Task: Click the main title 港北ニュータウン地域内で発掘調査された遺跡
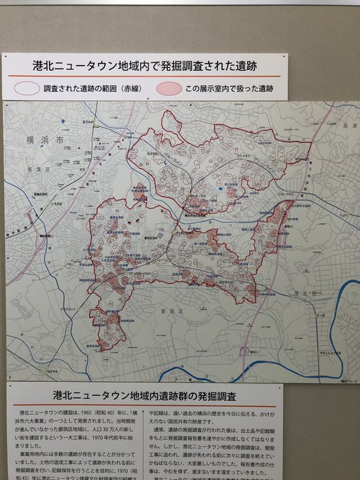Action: click(144, 66)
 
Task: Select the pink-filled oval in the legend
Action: click(167, 90)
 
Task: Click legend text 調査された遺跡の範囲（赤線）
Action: click(93, 90)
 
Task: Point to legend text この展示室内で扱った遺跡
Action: click(227, 90)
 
